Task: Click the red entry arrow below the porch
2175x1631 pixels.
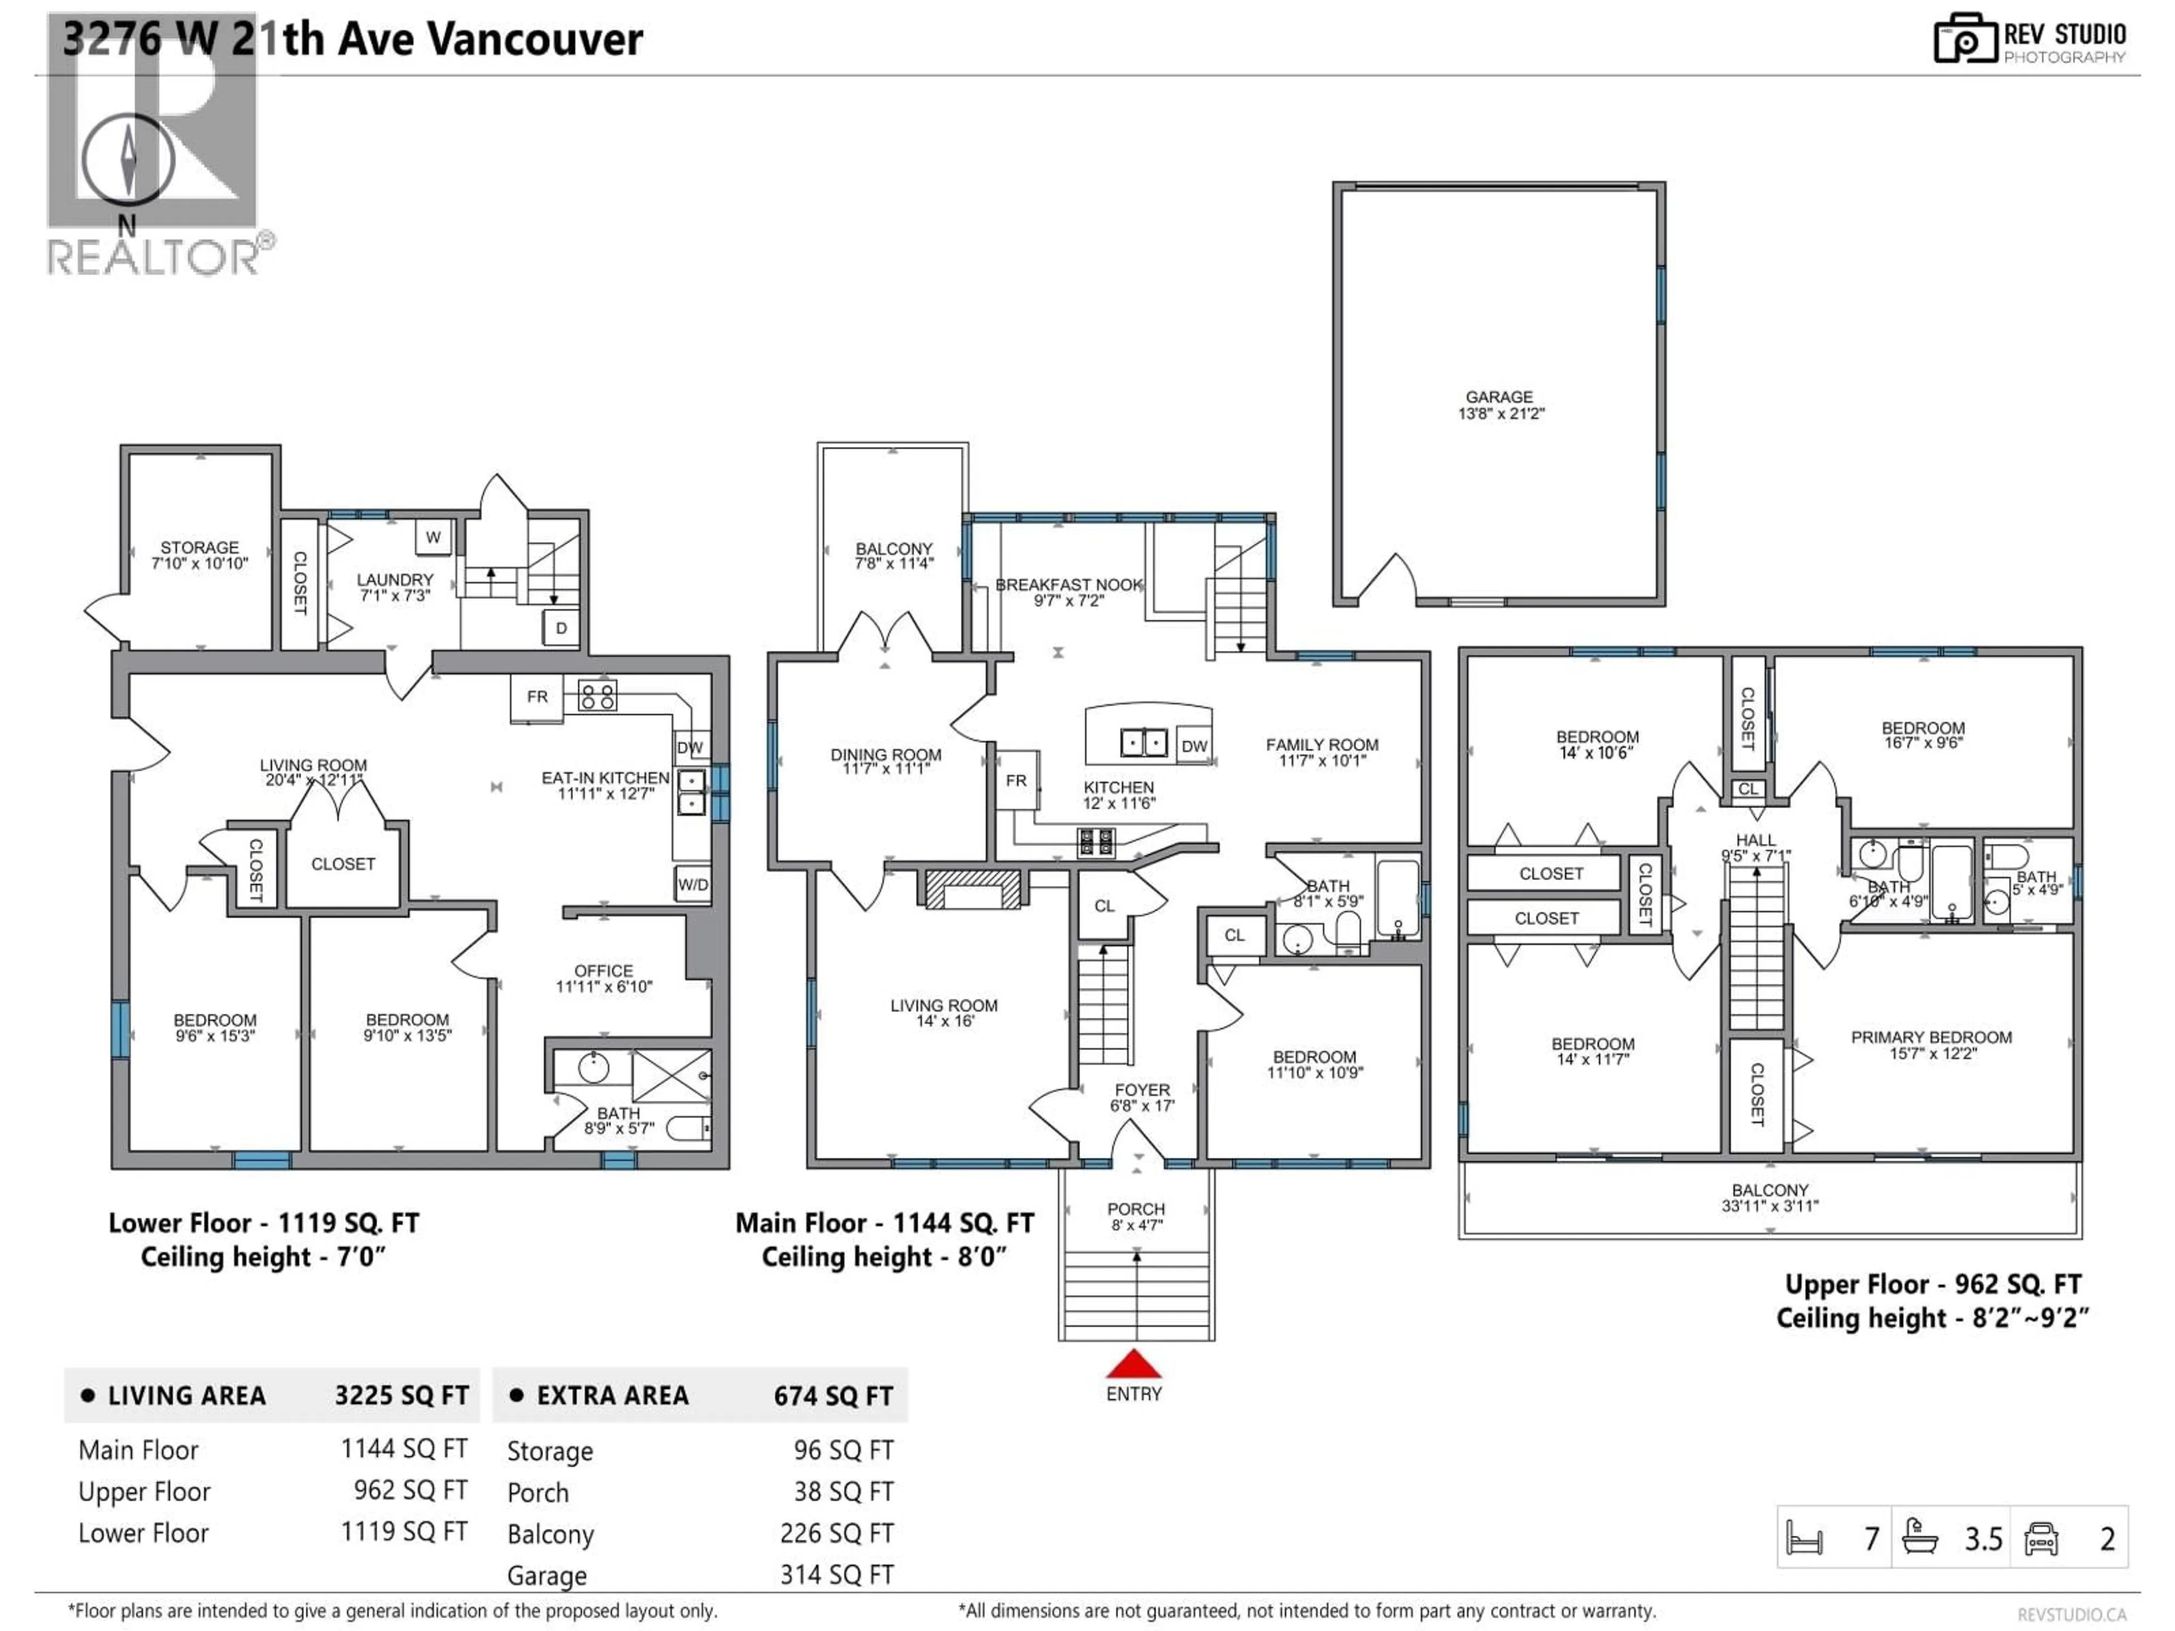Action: click(x=1134, y=1365)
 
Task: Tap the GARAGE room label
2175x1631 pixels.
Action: click(x=1499, y=397)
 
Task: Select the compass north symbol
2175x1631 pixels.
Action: click(x=128, y=159)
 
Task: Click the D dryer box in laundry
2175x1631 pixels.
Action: click(x=561, y=628)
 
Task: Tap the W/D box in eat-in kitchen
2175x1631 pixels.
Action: click(x=692, y=885)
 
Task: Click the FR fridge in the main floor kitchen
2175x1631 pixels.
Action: click(x=1016, y=780)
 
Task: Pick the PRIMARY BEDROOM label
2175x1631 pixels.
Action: click(x=1931, y=1037)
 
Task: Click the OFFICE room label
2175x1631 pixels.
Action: click(x=604, y=970)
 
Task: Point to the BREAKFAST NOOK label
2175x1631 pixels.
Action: click(x=1069, y=585)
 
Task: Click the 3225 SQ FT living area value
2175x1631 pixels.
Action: click(x=401, y=1396)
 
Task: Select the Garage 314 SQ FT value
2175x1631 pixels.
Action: click(x=837, y=1575)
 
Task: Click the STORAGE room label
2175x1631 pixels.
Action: click(x=199, y=548)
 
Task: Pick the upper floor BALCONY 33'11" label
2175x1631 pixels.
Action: click(x=1770, y=1190)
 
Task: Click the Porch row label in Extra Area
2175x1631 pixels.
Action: click(x=538, y=1492)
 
